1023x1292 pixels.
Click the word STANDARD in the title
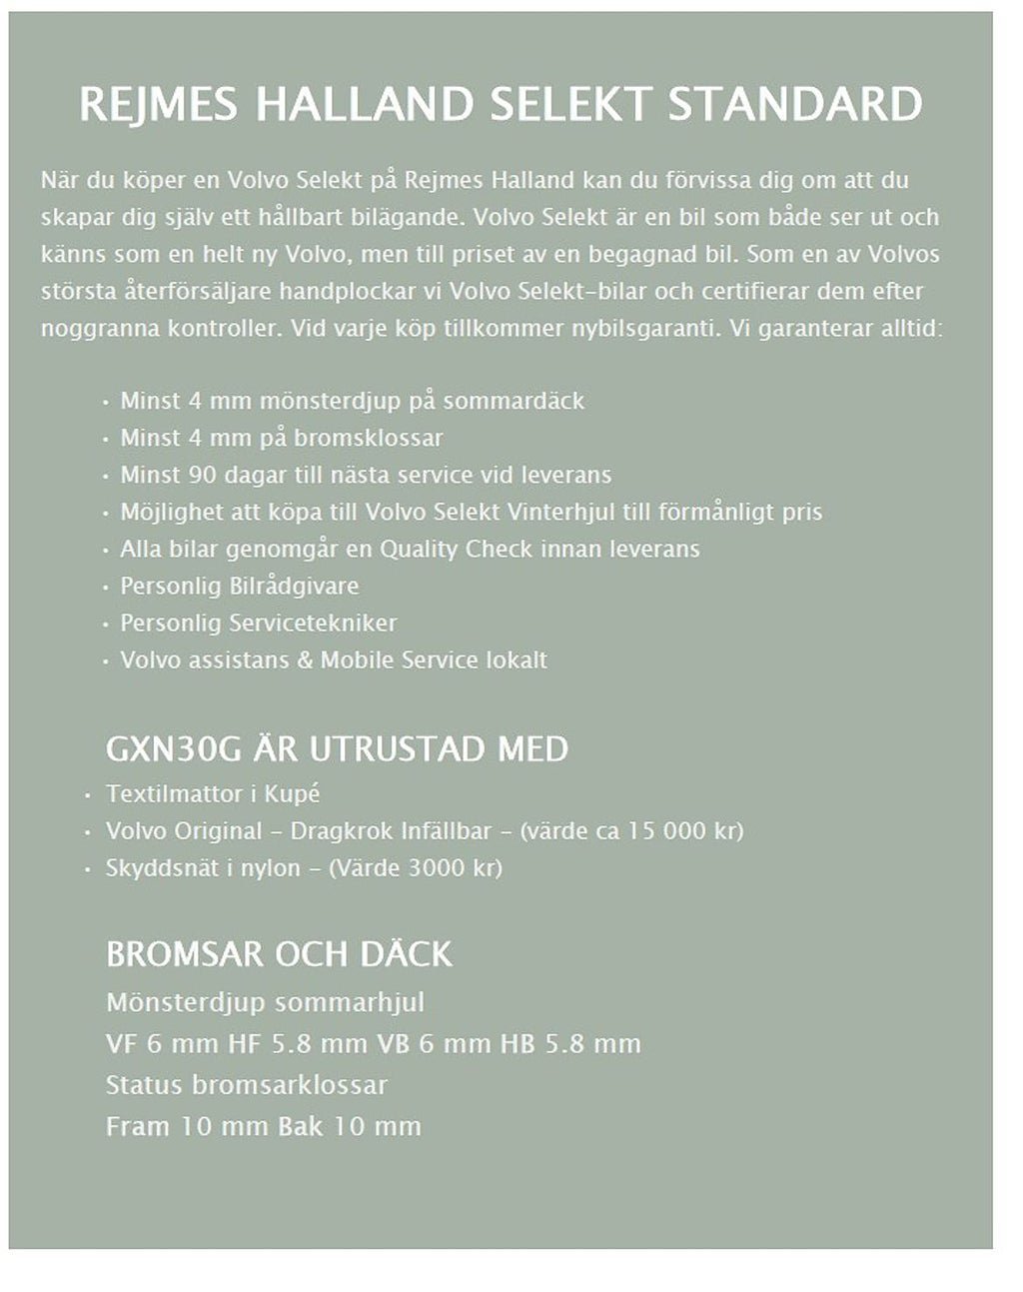pyautogui.click(x=794, y=105)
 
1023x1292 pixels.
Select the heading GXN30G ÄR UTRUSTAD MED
pyautogui.click(x=337, y=748)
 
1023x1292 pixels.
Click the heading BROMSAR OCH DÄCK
pyautogui.click(x=279, y=954)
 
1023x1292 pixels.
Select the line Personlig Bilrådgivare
pyautogui.click(x=239, y=586)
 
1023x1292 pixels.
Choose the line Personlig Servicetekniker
pyautogui.click(x=258, y=623)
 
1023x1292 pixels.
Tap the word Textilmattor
pyautogui.click(x=163, y=794)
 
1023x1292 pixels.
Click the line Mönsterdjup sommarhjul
pyautogui.click(x=265, y=1002)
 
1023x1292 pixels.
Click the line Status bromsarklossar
pyautogui.click(x=246, y=1084)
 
